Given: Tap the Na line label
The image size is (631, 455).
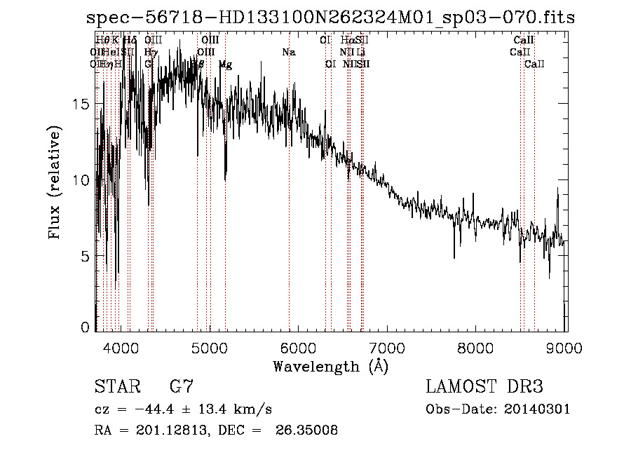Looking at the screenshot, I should pyautogui.click(x=289, y=52).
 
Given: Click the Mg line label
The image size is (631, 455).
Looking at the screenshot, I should pyautogui.click(x=225, y=64).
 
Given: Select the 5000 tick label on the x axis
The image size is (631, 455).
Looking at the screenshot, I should pyautogui.click(x=209, y=348).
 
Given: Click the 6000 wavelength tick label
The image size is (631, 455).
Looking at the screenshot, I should pyautogui.click(x=299, y=348).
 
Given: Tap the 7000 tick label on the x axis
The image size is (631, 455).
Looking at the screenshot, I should pyautogui.click(x=388, y=348).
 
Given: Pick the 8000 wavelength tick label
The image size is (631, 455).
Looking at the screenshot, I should pyautogui.click(x=477, y=348).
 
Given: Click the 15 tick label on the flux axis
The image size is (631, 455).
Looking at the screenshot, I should pyautogui.click(x=81, y=104).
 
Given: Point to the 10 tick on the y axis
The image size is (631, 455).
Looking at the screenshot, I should pyautogui.click(x=81, y=180).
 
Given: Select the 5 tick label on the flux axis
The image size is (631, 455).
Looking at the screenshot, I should pyautogui.click(x=85, y=257).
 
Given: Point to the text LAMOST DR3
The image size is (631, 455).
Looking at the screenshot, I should pyautogui.click(x=484, y=387).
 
